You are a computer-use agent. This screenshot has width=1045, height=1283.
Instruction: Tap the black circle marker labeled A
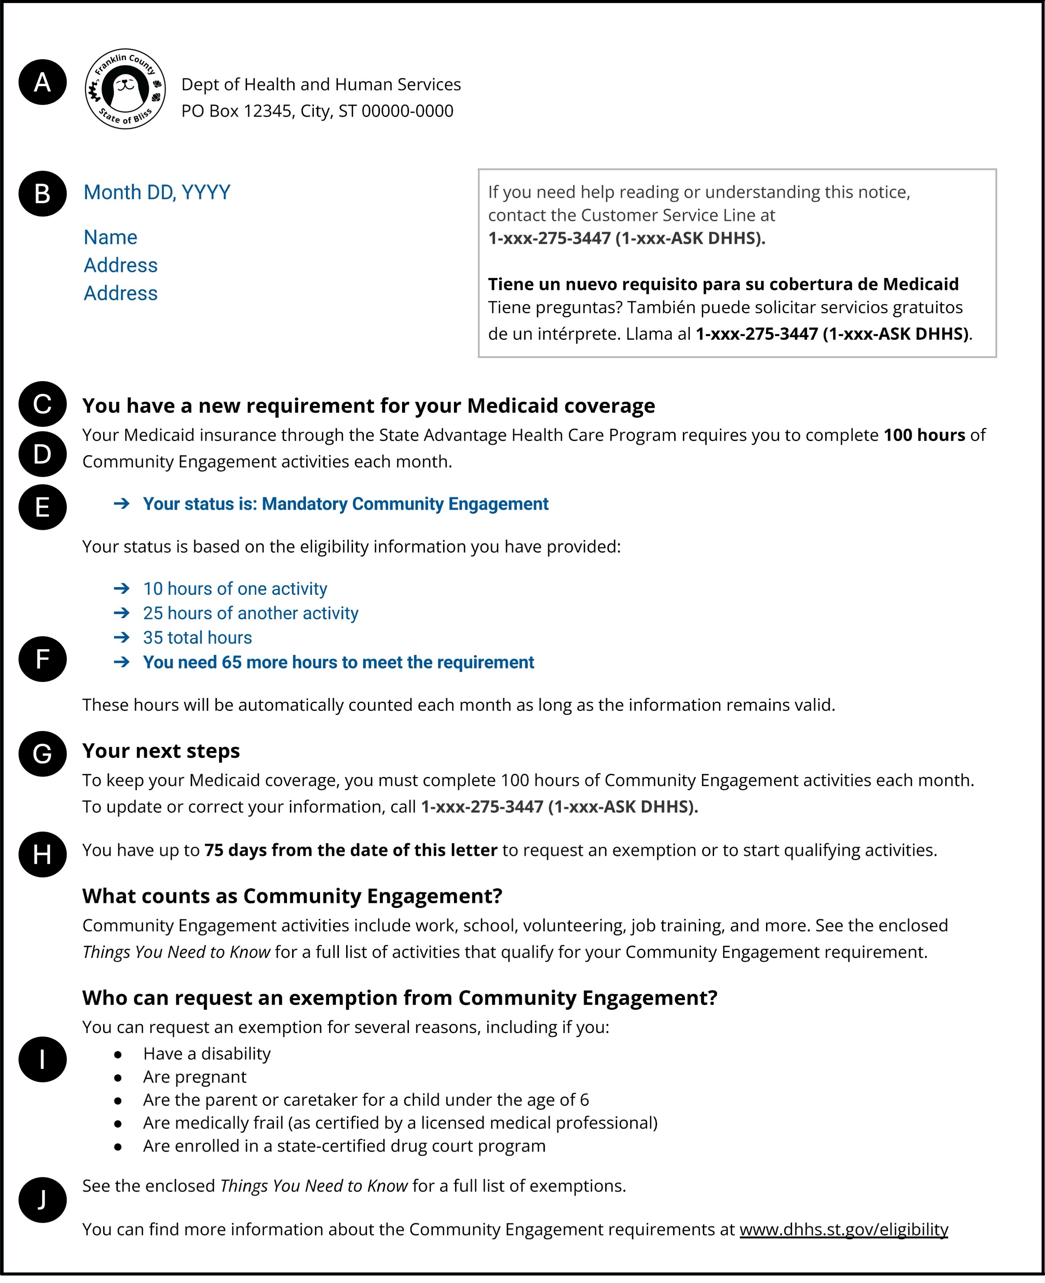pos(42,82)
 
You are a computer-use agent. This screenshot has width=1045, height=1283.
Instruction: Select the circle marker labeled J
pos(42,1199)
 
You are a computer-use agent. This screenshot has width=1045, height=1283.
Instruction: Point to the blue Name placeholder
pos(110,237)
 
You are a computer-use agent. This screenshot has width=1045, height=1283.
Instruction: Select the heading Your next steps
pos(161,751)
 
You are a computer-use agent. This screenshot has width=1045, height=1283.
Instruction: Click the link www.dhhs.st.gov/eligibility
pos(843,1229)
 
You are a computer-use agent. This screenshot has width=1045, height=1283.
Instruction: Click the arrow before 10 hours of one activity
pos(122,588)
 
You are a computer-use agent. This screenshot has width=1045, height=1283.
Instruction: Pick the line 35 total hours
pos(197,638)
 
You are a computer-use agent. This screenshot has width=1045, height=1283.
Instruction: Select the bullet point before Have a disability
pos(118,1054)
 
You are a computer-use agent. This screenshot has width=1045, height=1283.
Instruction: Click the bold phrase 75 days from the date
pos(351,850)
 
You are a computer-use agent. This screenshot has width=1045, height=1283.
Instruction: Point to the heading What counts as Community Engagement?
pos(292,896)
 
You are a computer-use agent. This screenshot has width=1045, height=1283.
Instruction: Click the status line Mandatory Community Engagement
pos(345,504)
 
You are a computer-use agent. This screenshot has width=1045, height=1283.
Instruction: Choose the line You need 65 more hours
pos(338,662)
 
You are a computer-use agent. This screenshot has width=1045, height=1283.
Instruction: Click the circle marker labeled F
pos(42,659)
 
